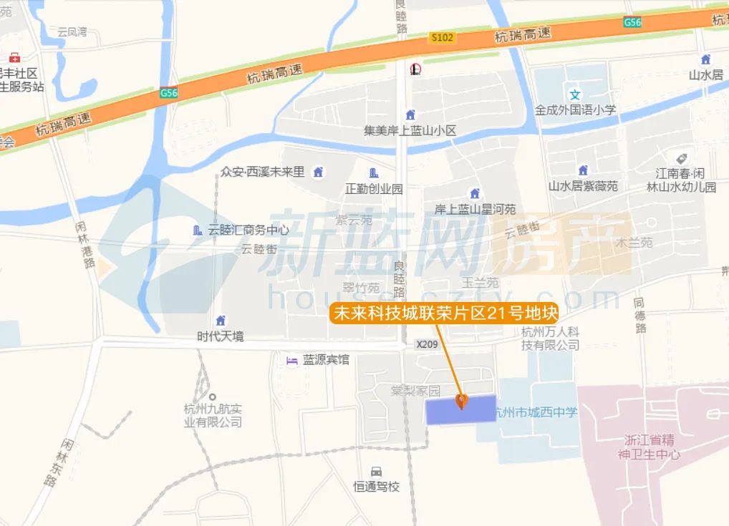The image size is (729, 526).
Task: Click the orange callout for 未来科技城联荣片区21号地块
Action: coord(444,313)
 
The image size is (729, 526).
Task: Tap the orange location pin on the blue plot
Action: coord(462,401)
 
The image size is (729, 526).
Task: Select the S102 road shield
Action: coord(442,37)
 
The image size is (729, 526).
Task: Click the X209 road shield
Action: coord(427,344)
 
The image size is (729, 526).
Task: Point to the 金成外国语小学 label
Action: coord(575,110)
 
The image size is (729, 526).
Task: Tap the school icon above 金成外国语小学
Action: coord(574,94)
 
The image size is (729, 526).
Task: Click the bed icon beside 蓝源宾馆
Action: coord(291,360)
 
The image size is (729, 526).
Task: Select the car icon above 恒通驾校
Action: coord(376,472)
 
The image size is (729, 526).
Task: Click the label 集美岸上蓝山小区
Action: coord(410,131)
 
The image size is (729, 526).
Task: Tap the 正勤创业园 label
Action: coord(374,189)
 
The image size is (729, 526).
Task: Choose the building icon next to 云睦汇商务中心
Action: coord(198,230)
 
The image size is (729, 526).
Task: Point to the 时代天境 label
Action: coord(221,336)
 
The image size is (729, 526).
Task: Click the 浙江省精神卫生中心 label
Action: coord(652,447)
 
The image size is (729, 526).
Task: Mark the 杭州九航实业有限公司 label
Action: coord(213,415)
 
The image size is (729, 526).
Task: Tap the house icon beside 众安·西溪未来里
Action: coord(318,172)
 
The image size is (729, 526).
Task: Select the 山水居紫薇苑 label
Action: coord(583,186)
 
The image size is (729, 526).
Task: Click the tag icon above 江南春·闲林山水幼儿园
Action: coord(681,157)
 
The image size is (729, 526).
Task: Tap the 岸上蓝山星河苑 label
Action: coord(475,210)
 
